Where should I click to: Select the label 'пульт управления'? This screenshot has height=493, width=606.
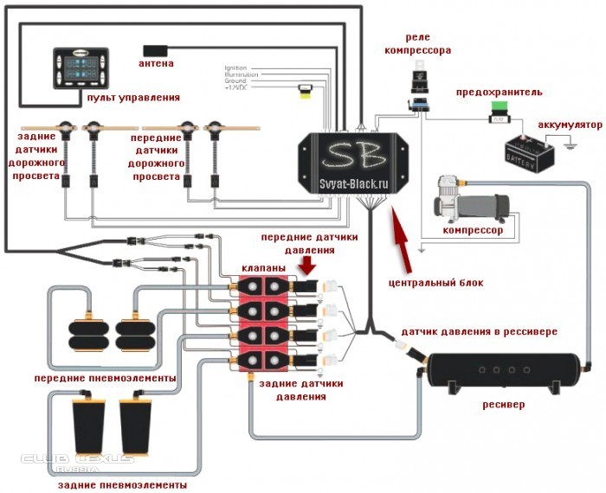tap(133, 99)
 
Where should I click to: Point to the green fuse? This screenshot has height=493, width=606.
tap(499, 110)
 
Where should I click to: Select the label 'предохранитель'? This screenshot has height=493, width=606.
tap(500, 91)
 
